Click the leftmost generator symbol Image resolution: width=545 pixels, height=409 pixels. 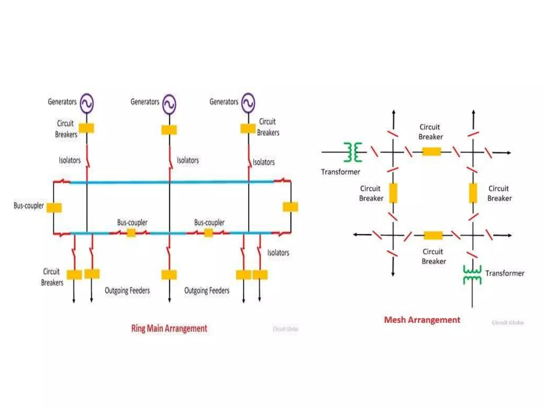point(87,103)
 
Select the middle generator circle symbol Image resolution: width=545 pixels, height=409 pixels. point(169,104)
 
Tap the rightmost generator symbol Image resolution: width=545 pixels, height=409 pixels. point(248,103)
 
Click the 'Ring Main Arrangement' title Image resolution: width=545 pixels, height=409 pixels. point(169,328)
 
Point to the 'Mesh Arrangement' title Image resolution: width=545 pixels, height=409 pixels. point(422,320)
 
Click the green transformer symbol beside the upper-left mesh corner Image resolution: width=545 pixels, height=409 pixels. point(353,152)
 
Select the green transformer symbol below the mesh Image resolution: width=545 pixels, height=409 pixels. point(472,275)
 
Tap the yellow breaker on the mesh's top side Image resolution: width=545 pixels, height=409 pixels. point(431,152)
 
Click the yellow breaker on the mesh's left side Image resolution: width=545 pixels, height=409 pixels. point(393,193)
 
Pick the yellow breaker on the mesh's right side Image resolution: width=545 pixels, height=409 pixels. point(473,193)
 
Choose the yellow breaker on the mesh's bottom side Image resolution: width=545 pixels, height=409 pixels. point(433,235)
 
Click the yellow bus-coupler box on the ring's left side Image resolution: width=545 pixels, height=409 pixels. point(54,207)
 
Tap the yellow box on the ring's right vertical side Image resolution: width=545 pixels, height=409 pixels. point(290,207)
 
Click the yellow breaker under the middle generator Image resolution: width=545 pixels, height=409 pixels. point(169,130)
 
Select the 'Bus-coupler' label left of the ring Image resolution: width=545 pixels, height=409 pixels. point(28,206)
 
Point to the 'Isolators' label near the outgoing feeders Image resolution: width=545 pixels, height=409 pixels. point(278,252)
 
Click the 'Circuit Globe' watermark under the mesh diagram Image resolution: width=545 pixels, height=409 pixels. point(507,323)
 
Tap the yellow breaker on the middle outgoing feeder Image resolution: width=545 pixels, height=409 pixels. point(169,275)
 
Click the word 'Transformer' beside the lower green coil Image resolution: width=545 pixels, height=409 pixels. point(505,273)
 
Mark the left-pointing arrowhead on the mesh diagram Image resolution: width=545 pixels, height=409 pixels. point(355,235)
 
